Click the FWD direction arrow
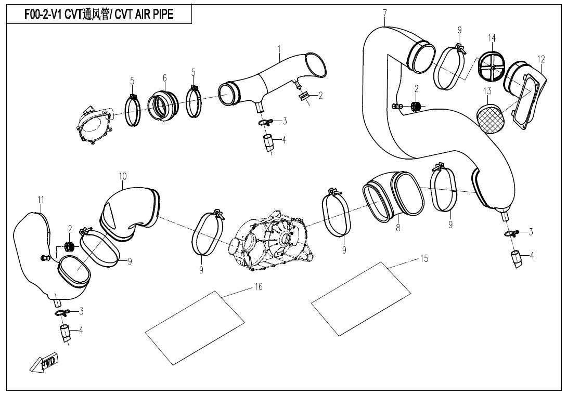click(x=44, y=363)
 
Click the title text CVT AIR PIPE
click(x=99, y=14)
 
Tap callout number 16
click(x=259, y=287)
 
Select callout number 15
click(x=424, y=258)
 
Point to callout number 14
click(x=492, y=38)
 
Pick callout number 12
click(x=541, y=59)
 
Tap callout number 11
click(x=41, y=200)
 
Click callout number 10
click(x=123, y=176)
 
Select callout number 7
click(x=384, y=12)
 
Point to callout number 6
click(x=165, y=78)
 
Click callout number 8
click(x=398, y=227)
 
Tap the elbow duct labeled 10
click(x=128, y=210)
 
